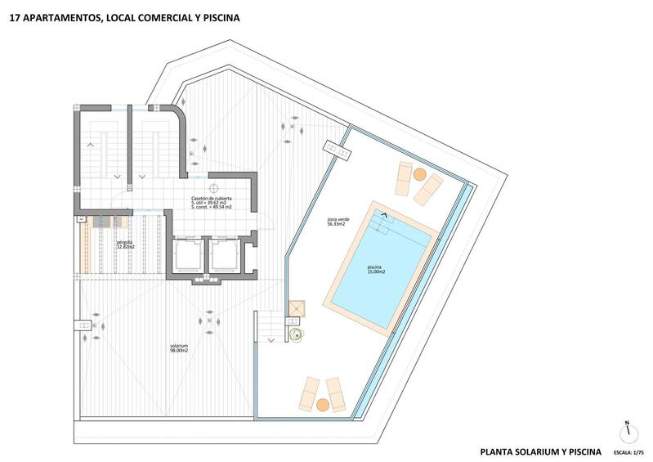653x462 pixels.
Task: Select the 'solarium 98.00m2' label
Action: click(179, 348)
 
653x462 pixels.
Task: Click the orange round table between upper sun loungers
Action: click(419, 174)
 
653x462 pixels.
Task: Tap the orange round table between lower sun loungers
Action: click(324, 405)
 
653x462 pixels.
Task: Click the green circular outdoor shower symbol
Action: click(297, 333)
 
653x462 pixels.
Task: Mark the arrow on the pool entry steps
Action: click(381, 216)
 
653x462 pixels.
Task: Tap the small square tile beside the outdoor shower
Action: click(295, 307)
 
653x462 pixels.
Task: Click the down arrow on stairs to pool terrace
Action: click(271, 336)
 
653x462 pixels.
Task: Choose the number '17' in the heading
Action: click(15, 15)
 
